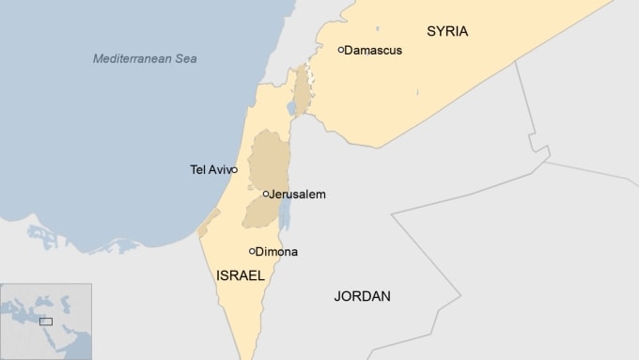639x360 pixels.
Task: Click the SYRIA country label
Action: [447, 31]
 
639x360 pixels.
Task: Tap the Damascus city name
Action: [373, 50]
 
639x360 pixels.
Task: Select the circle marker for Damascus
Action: [340, 49]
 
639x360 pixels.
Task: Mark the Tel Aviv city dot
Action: [235, 170]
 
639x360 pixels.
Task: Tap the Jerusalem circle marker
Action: [266, 195]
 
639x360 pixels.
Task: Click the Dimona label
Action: [275, 251]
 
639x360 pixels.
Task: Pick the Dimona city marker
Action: [252, 251]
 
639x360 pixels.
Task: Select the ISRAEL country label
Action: [240, 275]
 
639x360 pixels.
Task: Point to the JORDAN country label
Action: [362, 296]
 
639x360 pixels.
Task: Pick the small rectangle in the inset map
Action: [46, 321]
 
